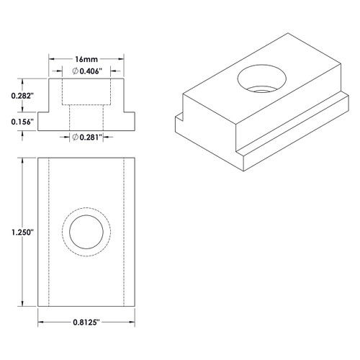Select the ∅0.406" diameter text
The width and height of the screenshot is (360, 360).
[x=89, y=71]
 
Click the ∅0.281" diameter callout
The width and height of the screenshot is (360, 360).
[x=89, y=136]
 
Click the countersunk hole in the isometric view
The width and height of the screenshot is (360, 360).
[x=261, y=78]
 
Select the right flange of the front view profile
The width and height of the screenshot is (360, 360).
[x=127, y=122]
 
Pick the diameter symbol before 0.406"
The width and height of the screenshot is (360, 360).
[x=76, y=71]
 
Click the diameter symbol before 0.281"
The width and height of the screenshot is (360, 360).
[x=76, y=136]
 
